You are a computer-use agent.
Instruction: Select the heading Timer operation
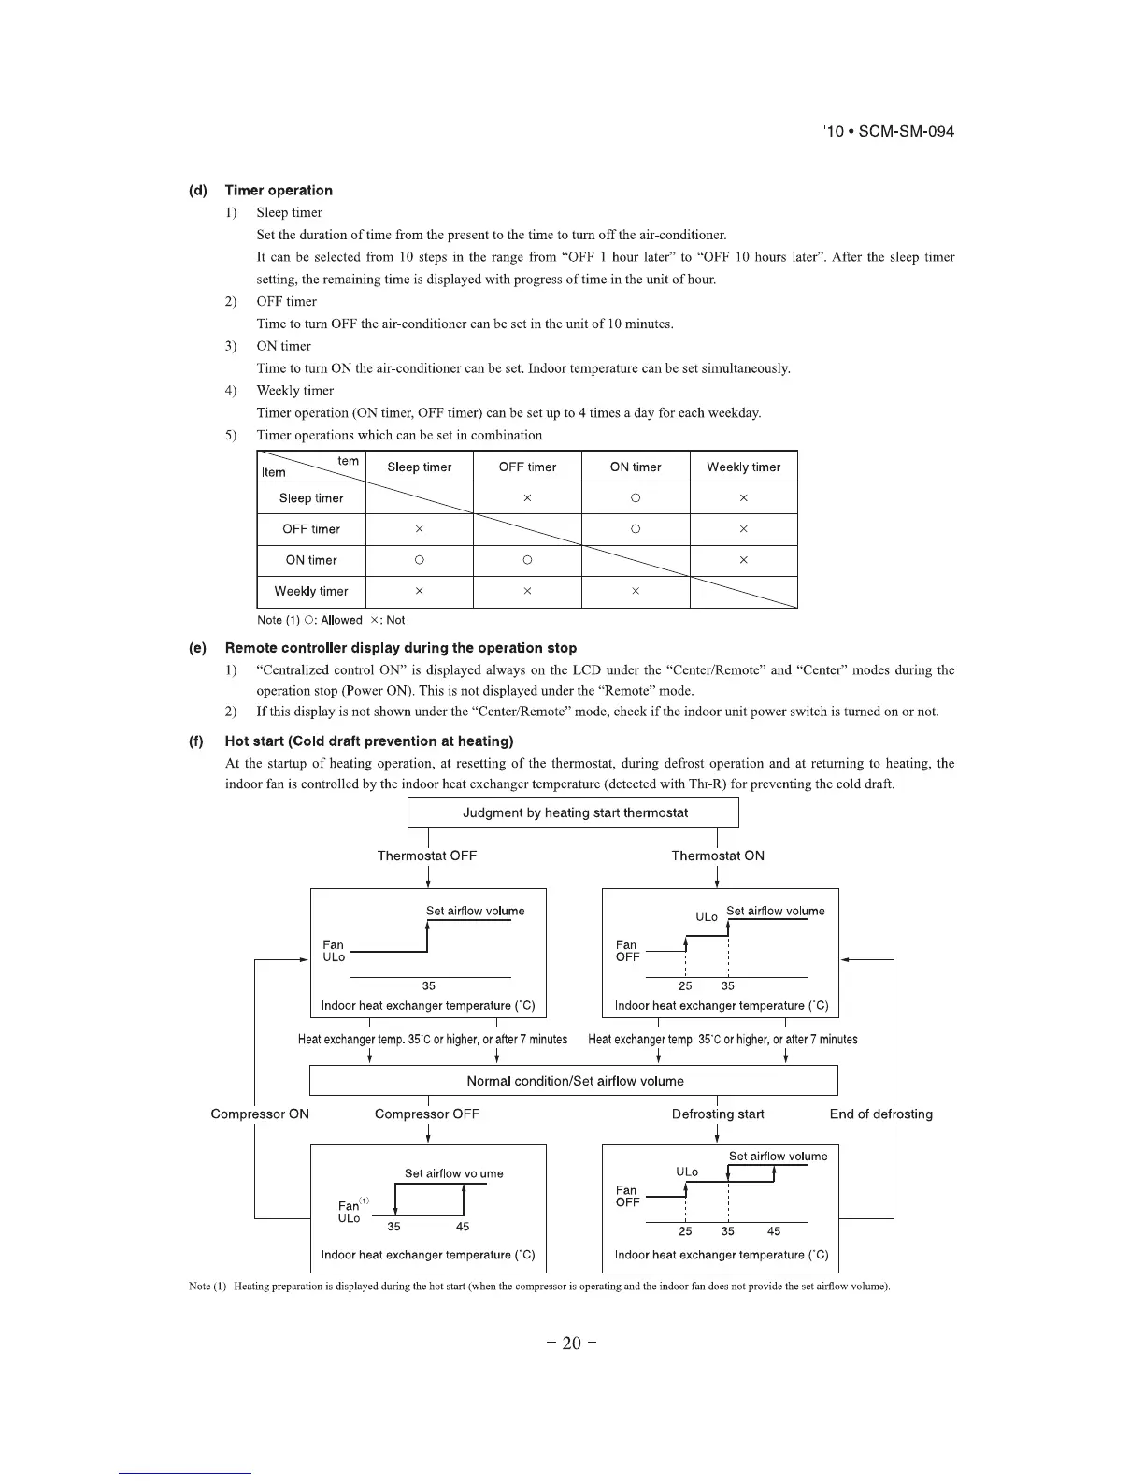click(x=279, y=190)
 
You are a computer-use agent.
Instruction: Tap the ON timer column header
click(x=636, y=467)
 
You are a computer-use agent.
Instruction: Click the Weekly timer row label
click(x=311, y=591)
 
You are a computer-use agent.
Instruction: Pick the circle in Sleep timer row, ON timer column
click(x=636, y=498)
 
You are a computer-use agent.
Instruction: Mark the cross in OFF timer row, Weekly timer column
click(x=743, y=529)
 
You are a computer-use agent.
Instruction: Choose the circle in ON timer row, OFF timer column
click(x=527, y=560)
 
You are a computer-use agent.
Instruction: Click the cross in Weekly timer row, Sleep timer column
click(x=420, y=591)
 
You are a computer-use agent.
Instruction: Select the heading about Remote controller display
click(x=401, y=648)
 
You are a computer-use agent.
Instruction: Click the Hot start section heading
click(x=369, y=741)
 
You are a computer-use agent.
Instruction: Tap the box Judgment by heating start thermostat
click(x=574, y=812)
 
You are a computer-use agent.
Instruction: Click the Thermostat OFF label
click(x=427, y=856)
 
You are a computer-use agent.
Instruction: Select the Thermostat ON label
click(x=718, y=856)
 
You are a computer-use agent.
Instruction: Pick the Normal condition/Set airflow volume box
click(x=574, y=1081)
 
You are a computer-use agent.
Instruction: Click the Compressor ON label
click(x=260, y=1114)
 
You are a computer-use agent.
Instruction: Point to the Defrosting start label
click(x=718, y=1114)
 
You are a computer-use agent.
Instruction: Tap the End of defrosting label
click(x=880, y=1114)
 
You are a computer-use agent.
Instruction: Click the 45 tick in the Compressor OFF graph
click(x=463, y=1227)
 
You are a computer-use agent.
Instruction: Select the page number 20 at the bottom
click(x=572, y=1344)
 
